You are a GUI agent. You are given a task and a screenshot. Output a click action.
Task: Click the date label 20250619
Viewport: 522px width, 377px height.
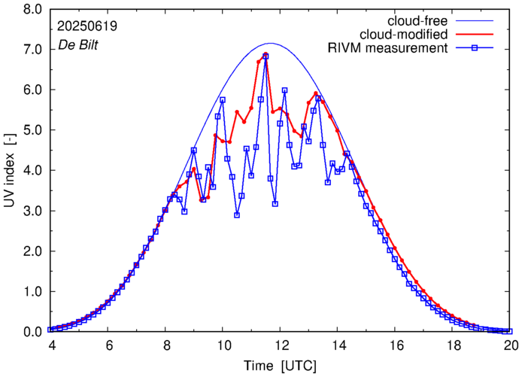click(87, 26)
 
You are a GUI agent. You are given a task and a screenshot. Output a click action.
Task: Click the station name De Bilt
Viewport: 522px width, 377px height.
click(77, 45)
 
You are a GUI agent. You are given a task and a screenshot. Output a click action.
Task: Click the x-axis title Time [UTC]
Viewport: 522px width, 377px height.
click(279, 366)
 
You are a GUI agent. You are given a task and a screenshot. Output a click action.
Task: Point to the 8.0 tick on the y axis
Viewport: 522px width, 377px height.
click(32, 9)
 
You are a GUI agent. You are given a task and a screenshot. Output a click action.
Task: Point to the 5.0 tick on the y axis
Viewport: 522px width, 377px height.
click(32, 130)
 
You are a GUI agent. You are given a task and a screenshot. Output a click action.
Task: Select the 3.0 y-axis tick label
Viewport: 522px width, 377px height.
click(32, 211)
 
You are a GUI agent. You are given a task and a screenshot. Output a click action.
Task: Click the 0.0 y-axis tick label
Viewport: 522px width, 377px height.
click(32, 332)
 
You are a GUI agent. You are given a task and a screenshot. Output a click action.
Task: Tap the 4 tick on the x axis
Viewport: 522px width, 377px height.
click(50, 345)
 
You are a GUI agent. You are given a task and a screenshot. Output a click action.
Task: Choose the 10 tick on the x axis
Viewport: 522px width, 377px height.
click(223, 345)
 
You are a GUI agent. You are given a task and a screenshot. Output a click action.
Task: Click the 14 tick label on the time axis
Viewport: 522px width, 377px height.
click(338, 345)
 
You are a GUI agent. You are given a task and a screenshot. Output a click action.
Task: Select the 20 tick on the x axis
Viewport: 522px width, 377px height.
click(511, 345)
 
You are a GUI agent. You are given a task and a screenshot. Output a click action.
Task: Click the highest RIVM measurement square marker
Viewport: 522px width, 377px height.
click(266, 56)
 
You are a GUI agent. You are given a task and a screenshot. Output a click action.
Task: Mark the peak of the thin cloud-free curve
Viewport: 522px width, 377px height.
click(271, 43)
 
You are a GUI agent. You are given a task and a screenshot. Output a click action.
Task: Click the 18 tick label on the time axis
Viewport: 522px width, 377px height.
click(454, 345)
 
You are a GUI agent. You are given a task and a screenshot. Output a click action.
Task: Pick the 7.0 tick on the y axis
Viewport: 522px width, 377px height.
click(32, 50)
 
